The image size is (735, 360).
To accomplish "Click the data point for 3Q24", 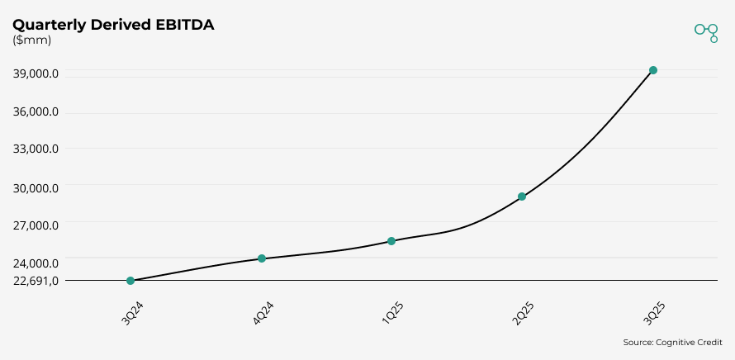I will [x=130, y=281].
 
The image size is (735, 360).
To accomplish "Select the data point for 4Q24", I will [x=262, y=258].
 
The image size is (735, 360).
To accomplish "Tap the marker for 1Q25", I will [x=391, y=241].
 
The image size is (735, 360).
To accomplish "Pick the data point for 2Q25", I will [x=522, y=197].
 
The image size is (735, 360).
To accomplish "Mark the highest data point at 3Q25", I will [x=653, y=70].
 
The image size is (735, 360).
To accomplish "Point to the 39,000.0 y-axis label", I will [x=36, y=73].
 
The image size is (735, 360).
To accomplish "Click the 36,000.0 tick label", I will [x=36, y=111].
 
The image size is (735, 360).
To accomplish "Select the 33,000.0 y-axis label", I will [x=36, y=149].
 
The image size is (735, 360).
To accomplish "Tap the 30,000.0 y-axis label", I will [x=36, y=187].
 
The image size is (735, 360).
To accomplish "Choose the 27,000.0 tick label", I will [x=36, y=225].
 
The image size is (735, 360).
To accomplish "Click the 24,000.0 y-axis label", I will [x=36, y=263].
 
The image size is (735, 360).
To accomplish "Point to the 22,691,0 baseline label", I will [x=36, y=280].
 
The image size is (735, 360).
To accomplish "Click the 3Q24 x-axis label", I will [x=133, y=315].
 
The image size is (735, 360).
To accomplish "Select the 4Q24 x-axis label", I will [x=264, y=315].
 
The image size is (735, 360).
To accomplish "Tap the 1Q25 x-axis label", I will [x=394, y=315].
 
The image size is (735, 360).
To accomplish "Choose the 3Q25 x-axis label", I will [x=655, y=315].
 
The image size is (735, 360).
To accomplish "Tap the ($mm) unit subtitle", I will [x=31, y=40].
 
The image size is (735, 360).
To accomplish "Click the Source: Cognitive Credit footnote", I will [x=672, y=342].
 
